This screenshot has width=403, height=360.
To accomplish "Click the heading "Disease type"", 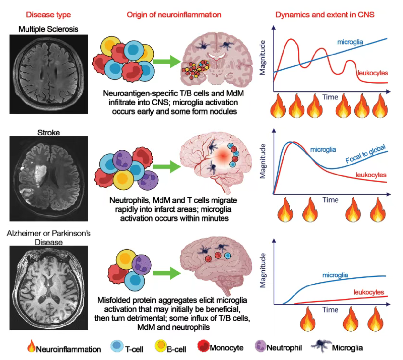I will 48,15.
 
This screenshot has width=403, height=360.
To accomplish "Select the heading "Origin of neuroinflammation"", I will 174,15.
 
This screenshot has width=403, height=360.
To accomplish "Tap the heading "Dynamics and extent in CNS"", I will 325,15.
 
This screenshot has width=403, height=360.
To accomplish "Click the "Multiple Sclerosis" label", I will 48,29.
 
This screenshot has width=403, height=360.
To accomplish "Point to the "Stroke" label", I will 48,132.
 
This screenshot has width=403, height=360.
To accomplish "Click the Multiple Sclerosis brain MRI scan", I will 48,74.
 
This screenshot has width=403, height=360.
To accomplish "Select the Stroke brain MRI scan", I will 48,178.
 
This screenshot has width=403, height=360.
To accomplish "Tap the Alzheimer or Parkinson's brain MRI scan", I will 48,288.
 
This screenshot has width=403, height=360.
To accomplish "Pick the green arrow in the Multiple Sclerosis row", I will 167,61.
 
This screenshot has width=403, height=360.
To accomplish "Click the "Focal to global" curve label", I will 365,154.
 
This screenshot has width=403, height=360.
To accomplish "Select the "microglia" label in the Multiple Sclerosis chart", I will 350,42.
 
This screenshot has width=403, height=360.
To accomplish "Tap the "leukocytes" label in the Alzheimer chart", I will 368,292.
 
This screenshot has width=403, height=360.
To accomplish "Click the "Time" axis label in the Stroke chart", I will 330,200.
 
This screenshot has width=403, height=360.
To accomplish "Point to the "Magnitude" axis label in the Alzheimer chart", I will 263,270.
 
